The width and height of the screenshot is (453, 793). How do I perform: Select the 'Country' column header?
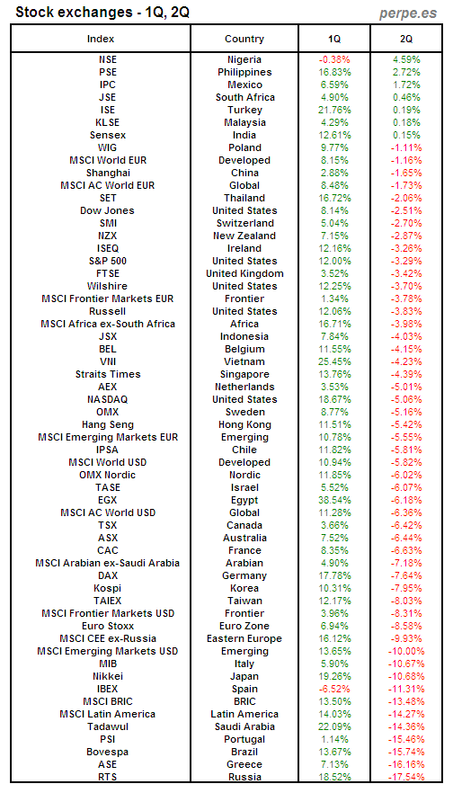[x=244, y=39]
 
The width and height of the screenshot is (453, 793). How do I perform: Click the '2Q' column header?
[x=407, y=39]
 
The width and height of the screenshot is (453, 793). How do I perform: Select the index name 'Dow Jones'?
[x=107, y=210]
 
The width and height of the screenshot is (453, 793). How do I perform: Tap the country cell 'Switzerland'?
[x=244, y=223]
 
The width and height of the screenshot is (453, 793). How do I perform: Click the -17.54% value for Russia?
[x=407, y=777]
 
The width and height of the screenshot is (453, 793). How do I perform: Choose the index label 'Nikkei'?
[x=107, y=676]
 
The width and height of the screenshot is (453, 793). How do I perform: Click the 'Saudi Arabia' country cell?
[x=244, y=726]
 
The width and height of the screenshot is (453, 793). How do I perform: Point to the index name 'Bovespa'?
[x=107, y=752]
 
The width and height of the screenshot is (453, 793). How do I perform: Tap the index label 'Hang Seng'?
[x=107, y=424]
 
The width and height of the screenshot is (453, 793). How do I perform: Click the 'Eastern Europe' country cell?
[x=244, y=638]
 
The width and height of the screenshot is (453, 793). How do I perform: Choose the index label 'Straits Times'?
[x=107, y=374]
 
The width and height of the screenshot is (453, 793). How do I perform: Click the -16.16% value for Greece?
[x=407, y=764]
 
